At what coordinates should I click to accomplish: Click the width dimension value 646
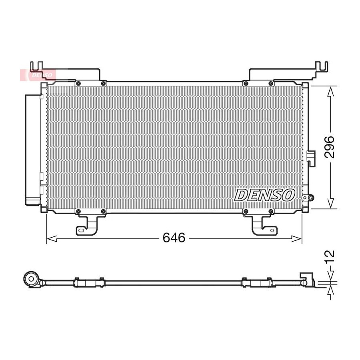[174, 238]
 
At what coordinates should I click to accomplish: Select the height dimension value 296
[329, 147]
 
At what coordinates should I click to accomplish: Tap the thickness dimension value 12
[330, 257]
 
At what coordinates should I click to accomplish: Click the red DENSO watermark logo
[38, 75]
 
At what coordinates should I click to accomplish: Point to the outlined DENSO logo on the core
[264, 195]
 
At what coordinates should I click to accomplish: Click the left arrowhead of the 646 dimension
[52, 238]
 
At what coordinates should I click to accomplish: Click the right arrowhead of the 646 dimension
[296, 238]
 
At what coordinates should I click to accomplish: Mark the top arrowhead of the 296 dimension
[330, 92]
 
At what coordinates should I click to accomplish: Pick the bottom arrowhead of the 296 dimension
[330, 204]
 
